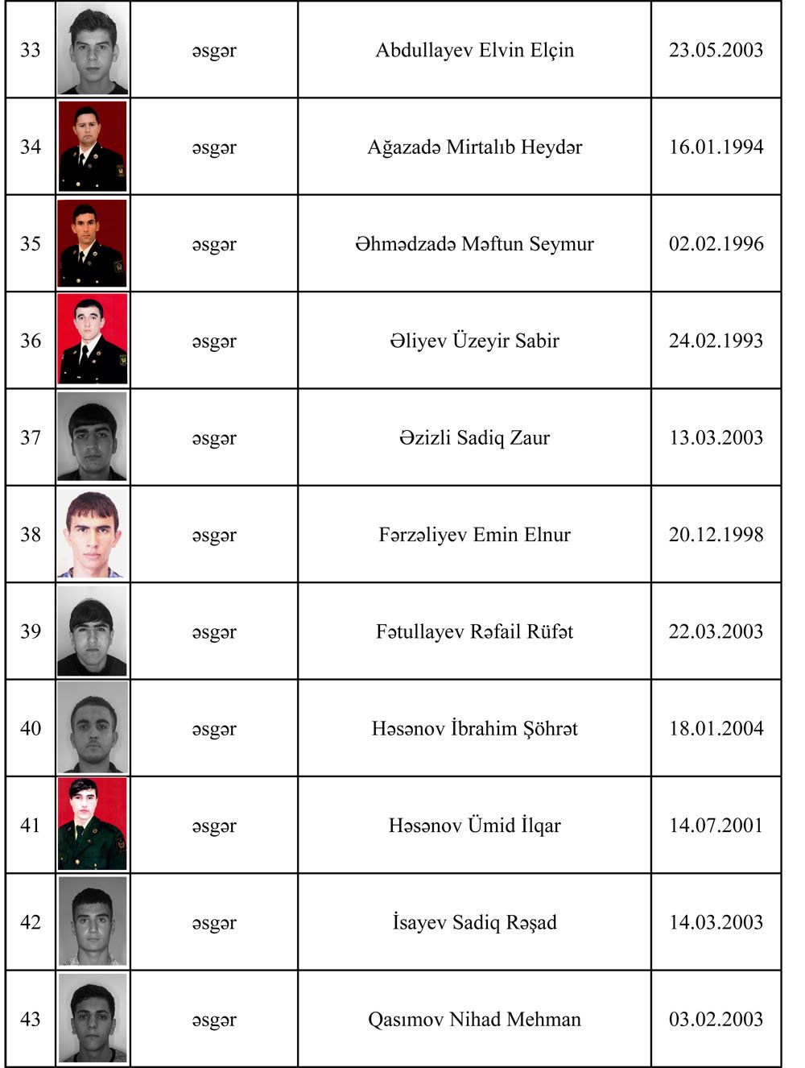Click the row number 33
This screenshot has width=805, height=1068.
click(x=31, y=50)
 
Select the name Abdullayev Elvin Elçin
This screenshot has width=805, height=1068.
click(x=474, y=50)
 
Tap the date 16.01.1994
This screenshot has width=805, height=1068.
click(x=716, y=147)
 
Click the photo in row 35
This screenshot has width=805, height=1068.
click(x=93, y=243)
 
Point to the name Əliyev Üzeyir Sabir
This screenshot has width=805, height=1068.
click(x=474, y=341)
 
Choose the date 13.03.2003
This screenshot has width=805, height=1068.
click(x=716, y=437)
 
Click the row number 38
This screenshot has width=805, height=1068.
click(x=31, y=535)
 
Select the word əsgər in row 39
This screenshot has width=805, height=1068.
click(x=214, y=632)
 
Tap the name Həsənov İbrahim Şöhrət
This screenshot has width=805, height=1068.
click(x=474, y=729)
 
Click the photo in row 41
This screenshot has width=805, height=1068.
click(x=93, y=824)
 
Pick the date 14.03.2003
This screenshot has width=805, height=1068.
click(x=716, y=922)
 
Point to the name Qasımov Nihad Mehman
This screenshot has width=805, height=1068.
click(x=474, y=1020)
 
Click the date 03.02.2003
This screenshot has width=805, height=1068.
click(x=716, y=1020)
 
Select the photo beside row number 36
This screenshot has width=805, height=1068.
click(x=93, y=339)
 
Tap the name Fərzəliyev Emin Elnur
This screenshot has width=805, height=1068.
click(x=474, y=535)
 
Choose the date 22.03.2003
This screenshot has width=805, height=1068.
click(x=716, y=631)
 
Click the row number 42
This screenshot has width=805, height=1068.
click(x=31, y=922)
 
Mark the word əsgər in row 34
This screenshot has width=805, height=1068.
click(x=214, y=147)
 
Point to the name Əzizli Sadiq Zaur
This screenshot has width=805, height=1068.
click(x=474, y=438)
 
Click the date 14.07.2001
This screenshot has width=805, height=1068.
click(x=716, y=826)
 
